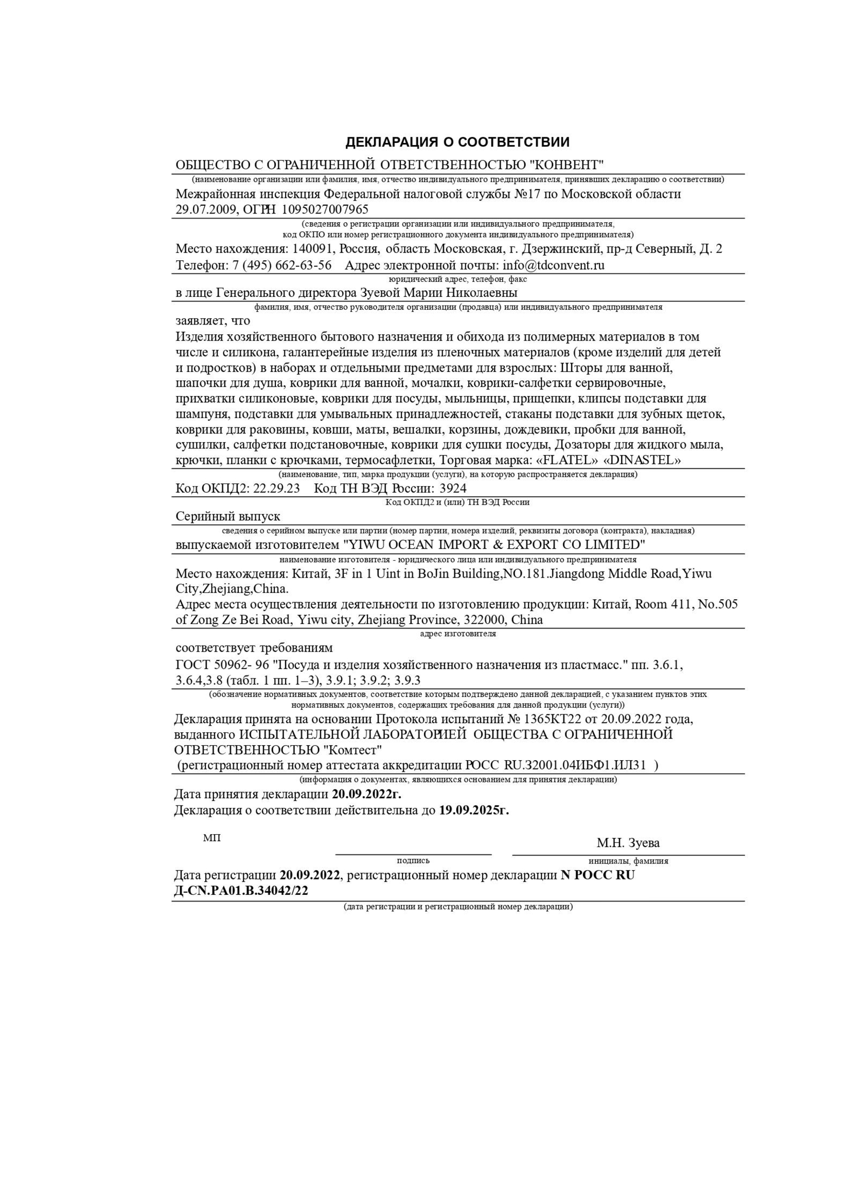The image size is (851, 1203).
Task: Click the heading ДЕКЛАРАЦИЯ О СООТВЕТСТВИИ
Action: click(457, 142)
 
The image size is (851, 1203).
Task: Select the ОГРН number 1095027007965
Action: click(325, 209)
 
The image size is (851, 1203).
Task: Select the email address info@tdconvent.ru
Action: click(554, 265)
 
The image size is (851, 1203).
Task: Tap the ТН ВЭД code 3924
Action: click(453, 488)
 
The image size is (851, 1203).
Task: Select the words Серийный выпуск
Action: click(228, 516)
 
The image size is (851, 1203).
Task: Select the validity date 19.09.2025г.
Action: click(474, 811)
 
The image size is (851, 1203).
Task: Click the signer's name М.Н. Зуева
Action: click(628, 843)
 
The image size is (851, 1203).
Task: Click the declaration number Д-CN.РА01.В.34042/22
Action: click(241, 891)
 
